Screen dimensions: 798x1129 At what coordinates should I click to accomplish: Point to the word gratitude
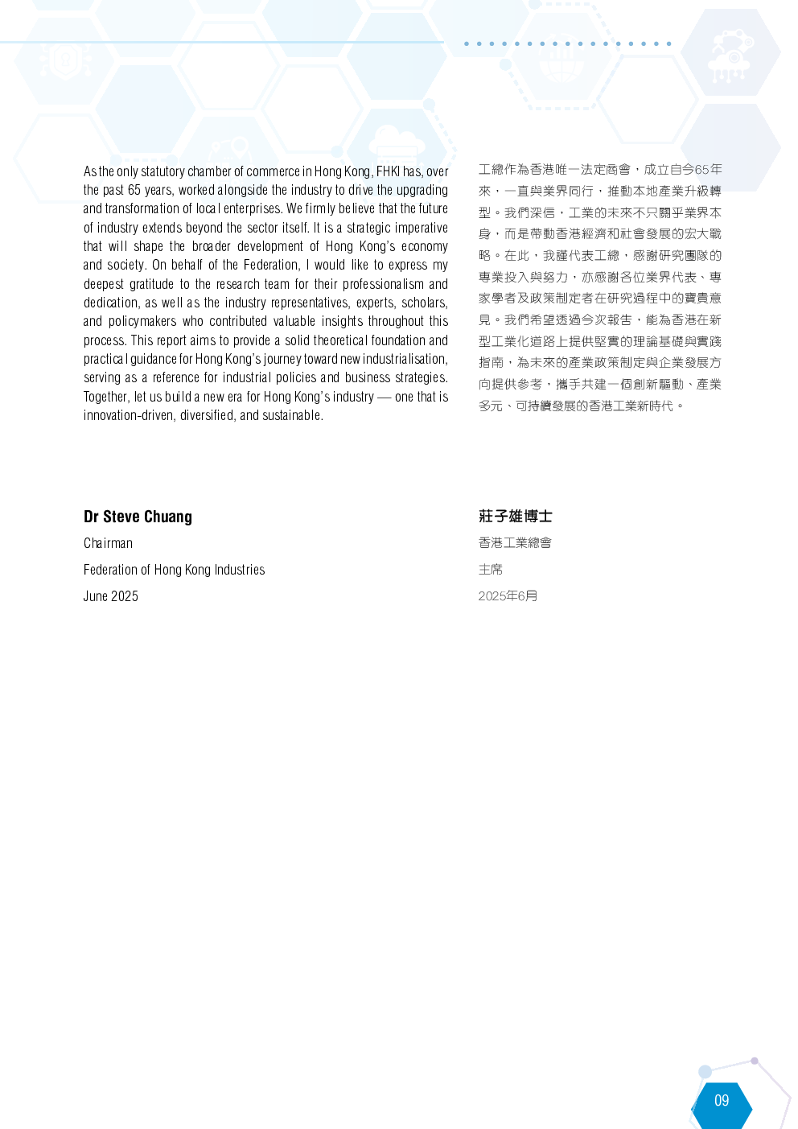point(152,284)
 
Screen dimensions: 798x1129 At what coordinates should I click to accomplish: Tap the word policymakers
point(142,322)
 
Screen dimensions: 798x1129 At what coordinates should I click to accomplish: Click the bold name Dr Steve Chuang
point(138,517)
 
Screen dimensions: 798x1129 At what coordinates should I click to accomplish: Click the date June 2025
point(111,596)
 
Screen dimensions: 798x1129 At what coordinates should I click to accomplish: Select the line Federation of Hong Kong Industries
point(175,570)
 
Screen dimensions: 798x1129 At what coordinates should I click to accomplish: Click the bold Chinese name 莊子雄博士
point(516,516)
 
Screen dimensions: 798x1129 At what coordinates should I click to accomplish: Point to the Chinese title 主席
point(491,570)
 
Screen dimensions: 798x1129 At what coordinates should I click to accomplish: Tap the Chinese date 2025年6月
point(508,596)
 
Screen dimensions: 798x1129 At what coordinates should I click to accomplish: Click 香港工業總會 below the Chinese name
point(515,543)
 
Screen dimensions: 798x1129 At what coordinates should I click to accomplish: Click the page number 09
point(722,1100)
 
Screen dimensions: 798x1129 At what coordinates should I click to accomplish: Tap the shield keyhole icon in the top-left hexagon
point(65,60)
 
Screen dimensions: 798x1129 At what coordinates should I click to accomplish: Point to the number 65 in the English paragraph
point(134,191)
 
